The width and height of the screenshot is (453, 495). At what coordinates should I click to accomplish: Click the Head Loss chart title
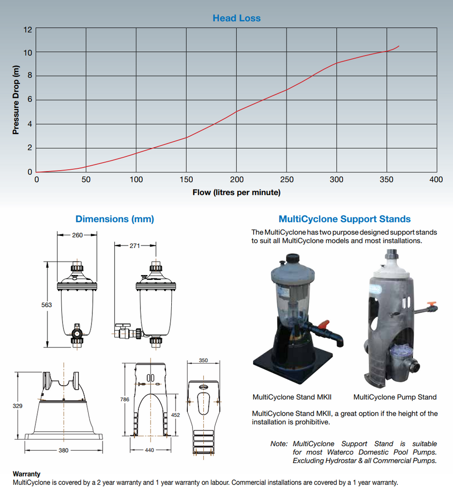(236, 18)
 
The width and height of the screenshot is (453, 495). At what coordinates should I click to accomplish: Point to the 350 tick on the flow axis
(387, 180)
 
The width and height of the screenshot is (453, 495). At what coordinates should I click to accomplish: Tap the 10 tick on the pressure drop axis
(28, 53)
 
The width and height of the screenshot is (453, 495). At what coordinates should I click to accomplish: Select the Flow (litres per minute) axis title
(236, 192)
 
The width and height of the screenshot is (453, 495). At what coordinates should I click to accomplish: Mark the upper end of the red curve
(399, 46)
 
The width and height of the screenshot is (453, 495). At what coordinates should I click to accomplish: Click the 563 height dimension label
(46, 305)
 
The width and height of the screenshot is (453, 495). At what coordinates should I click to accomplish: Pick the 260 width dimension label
(77, 235)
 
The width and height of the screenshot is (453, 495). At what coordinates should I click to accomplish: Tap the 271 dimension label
(135, 246)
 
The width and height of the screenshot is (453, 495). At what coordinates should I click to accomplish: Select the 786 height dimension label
(125, 399)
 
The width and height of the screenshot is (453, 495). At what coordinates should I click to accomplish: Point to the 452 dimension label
(176, 415)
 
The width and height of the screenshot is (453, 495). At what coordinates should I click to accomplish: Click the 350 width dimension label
(204, 361)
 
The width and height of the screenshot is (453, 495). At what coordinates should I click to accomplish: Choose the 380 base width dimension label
(63, 450)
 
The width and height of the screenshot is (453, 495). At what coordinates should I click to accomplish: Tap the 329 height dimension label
(17, 406)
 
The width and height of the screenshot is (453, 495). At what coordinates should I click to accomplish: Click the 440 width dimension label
(149, 450)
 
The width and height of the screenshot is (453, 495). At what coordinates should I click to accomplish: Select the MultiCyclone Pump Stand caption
(395, 397)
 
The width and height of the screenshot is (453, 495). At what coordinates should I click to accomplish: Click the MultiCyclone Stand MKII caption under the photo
(292, 397)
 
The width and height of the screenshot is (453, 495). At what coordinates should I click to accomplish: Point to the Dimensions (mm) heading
(115, 219)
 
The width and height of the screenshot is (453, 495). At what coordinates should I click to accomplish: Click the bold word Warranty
(27, 474)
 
